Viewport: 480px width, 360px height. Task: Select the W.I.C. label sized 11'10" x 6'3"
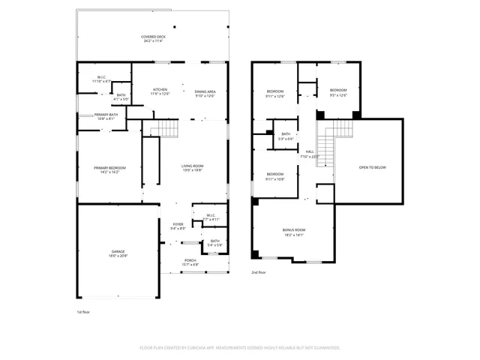click(x=100, y=79)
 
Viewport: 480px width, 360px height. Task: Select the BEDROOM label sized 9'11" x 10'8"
click(x=275, y=176)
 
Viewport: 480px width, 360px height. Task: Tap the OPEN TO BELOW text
click(x=372, y=167)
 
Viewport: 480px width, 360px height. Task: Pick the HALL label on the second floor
click(x=310, y=154)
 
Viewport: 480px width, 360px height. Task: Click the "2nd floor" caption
click(x=259, y=273)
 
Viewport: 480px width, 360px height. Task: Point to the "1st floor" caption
click(x=84, y=311)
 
